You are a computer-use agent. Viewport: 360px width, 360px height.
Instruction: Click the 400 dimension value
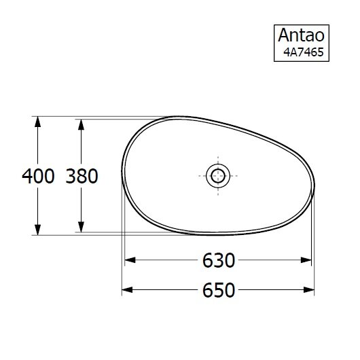pos(38,176)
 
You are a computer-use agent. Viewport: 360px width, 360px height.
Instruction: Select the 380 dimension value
pos(82,176)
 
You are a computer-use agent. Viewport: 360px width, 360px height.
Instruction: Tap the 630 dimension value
pos(219,260)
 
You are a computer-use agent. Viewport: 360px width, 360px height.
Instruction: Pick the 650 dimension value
pos(219,290)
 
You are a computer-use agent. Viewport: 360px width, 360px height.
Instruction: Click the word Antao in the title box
pos(301,35)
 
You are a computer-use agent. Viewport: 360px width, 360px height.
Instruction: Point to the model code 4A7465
pos(304,52)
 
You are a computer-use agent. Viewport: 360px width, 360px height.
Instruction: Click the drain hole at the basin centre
pos(218,176)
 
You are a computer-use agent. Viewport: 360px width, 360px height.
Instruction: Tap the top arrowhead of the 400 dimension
pos(37,122)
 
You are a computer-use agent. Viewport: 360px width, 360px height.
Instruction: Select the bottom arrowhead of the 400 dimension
pos(37,230)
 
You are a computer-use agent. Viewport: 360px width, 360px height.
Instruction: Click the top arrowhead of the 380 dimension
pos(81,124)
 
